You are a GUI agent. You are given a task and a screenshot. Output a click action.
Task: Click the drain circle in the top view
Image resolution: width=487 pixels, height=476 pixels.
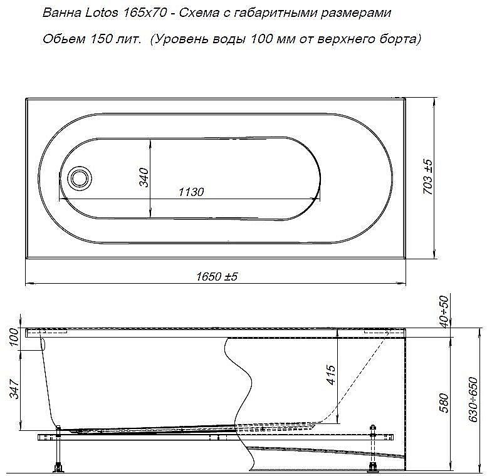tap(80, 177)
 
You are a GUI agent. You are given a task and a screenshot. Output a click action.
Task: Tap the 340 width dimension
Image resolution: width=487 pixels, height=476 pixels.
tap(143, 178)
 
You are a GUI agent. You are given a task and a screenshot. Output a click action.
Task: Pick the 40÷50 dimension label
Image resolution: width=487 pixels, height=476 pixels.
tap(444, 309)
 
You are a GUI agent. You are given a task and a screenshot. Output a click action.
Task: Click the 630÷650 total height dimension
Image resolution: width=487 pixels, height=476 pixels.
tap(476, 401)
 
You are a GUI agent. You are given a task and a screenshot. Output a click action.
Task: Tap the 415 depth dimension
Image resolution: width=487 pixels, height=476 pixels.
tap(331, 377)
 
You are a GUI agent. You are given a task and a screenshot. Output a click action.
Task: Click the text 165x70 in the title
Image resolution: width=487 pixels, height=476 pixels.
tap(139, 13)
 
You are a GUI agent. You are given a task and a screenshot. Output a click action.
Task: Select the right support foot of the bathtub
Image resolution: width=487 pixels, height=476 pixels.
tap(374, 465)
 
